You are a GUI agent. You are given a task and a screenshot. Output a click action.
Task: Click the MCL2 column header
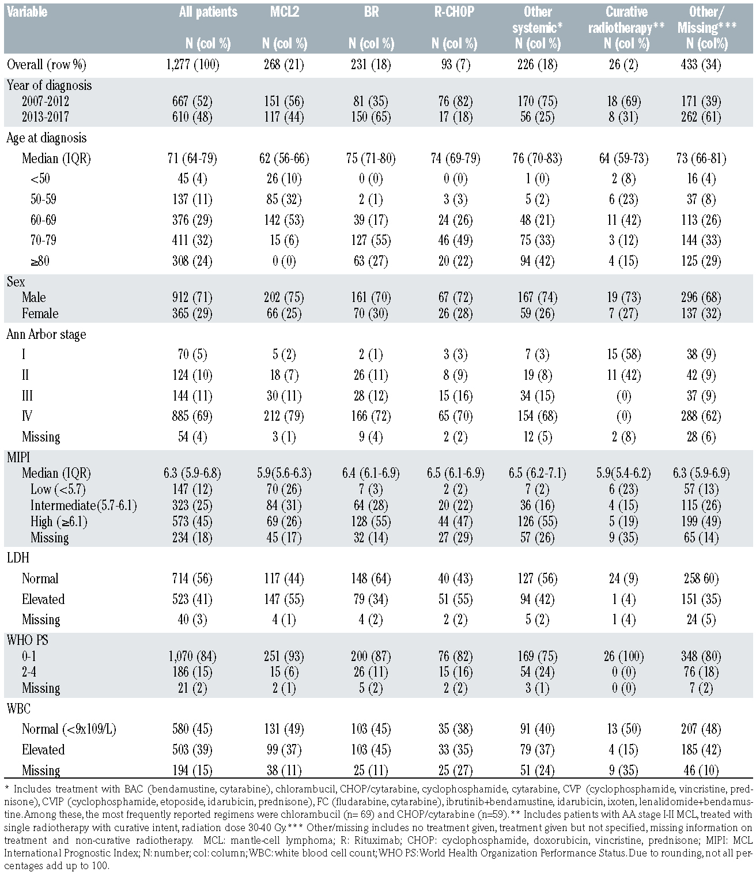pos(285,12)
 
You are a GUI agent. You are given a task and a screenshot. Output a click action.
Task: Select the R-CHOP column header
pos(454,12)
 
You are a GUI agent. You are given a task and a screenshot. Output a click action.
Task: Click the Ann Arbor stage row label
pos(46,334)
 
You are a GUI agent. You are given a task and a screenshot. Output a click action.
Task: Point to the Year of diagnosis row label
pos(49,85)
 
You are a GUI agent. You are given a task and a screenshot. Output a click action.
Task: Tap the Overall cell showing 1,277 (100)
pos(191,65)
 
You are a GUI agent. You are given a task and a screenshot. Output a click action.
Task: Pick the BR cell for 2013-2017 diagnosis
pos(371,117)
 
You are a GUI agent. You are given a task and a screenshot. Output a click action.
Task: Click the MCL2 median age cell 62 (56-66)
pos(285,158)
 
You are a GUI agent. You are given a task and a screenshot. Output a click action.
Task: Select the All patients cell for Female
pos(191,314)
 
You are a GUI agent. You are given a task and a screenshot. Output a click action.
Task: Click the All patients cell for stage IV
pos(191,416)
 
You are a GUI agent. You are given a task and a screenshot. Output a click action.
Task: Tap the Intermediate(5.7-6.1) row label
pos(84,505)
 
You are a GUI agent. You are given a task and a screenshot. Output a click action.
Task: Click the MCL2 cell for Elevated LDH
pos(285,599)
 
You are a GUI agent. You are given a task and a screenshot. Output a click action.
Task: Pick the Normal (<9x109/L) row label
pos(69,729)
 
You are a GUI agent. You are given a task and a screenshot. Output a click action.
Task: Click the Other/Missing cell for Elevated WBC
pos(701,750)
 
